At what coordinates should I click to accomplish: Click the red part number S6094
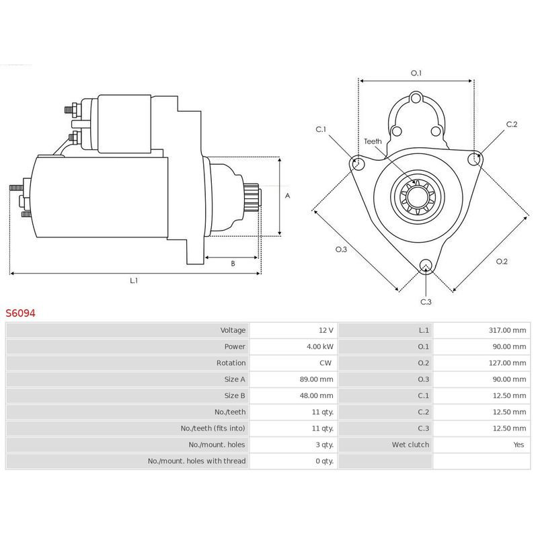coord(21,313)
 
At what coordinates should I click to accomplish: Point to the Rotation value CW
coord(327,363)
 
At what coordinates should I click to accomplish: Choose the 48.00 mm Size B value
coord(316,395)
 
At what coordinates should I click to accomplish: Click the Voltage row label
coord(233,330)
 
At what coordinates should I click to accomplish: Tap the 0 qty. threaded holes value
coord(323,461)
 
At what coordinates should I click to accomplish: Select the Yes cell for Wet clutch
coord(519,445)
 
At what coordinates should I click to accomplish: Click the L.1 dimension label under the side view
coord(134,281)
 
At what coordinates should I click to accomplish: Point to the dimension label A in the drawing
coord(287,196)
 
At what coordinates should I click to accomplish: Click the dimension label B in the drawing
coord(233,264)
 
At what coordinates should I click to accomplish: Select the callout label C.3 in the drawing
coord(426,302)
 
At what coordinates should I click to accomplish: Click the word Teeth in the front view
coord(373,141)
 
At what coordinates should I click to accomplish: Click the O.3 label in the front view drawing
coord(341,249)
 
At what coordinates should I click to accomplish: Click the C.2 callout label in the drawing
coord(512,124)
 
